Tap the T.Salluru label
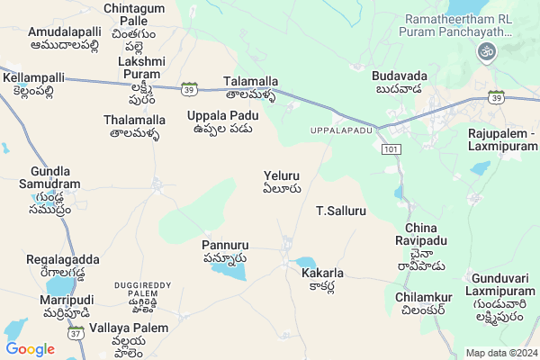pos(341,211)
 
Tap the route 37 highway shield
pos(76,334)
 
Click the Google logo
pos(31,349)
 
